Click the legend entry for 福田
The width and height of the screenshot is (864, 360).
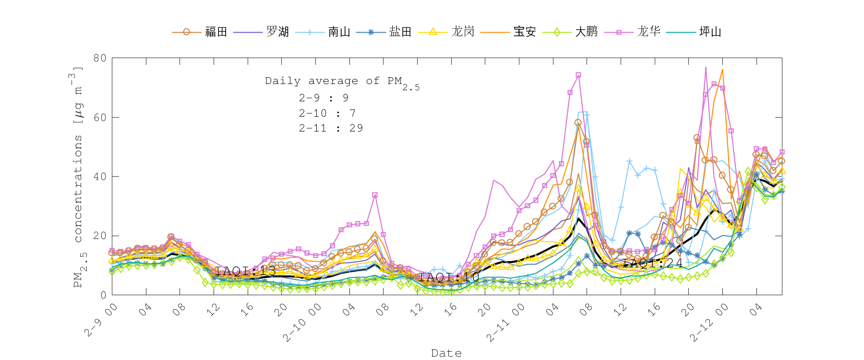click(x=216, y=32)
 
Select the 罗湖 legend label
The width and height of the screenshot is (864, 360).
click(x=277, y=32)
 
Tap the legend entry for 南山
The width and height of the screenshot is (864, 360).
click(x=339, y=32)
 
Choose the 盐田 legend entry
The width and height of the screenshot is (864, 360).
click(x=400, y=32)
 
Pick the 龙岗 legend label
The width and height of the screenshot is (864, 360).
click(x=463, y=32)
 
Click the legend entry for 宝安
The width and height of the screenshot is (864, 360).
click(x=525, y=32)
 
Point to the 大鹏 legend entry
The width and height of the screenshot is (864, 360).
click(x=586, y=32)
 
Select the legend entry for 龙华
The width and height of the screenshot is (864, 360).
click(x=648, y=32)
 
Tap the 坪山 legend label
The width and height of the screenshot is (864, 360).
click(x=710, y=32)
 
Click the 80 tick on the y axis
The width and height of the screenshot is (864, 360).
click(x=100, y=58)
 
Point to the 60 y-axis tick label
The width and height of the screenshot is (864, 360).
click(x=100, y=117)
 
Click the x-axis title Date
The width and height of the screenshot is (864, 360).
click(x=446, y=353)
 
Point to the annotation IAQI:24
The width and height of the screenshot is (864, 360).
click(x=652, y=263)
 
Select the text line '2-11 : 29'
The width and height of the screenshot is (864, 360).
click(x=331, y=128)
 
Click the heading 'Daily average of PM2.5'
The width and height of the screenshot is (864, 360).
click(x=342, y=82)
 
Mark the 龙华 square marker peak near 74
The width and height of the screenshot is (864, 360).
click(x=578, y=75)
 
